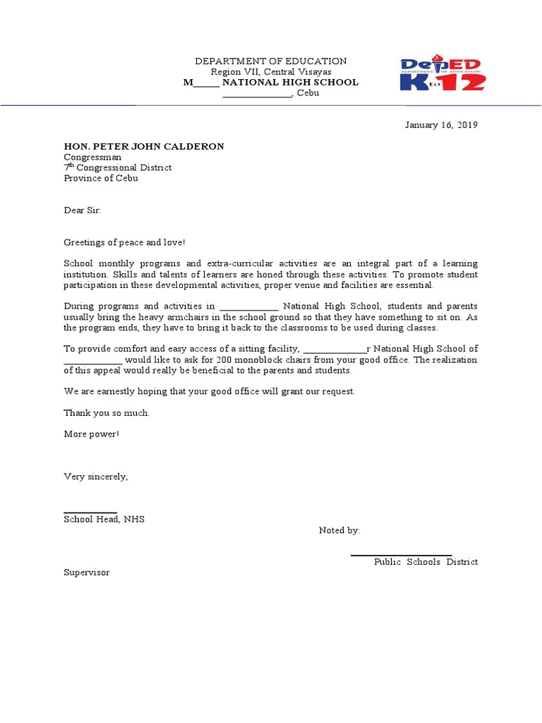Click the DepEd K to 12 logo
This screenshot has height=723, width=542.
click(x=442, y=73)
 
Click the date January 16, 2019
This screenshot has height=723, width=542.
click(x=440, y=125)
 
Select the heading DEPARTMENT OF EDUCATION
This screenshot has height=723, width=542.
click(x=271, y=61)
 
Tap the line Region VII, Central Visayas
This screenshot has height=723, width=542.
click(x=271, y=72)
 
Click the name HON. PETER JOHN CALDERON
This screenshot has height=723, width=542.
click(x=144, y=146)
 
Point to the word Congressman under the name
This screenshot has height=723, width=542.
click(x=92, y=157)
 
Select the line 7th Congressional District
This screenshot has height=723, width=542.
click(x=118, y=167)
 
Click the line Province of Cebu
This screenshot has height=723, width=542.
click(x=101, y=178)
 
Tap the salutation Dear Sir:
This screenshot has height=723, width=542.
click(x=83, y=210)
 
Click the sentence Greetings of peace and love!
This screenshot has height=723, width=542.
click(x=125, y=242)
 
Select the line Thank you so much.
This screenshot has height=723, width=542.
click(x=107, y=413)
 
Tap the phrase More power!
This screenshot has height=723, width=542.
click(x=92, y=434)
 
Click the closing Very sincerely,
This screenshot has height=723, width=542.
click(x=96, y=477)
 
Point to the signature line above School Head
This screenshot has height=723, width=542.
click(x=90, y=513)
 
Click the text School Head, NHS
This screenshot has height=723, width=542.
click(x=104, y=519)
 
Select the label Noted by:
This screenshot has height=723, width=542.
click(x=339, y=530)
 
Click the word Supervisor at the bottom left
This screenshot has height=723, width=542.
click(x=87, y=573)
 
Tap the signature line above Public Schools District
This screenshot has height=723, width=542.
click(x=401, y=555)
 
